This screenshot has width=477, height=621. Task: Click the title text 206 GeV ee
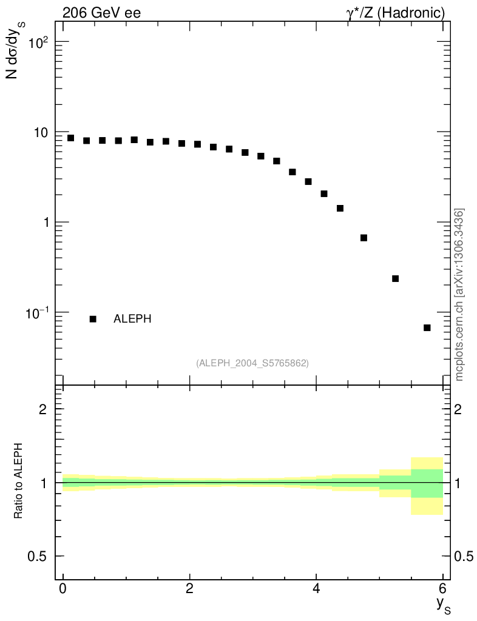(101, 13)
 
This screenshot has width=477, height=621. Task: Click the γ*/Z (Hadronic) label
(396, 13)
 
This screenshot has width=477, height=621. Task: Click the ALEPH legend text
(132, 319)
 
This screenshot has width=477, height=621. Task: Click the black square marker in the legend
(93, 319)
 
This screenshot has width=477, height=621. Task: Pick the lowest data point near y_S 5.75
(427, 328)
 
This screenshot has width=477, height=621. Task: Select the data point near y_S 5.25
(396, 278)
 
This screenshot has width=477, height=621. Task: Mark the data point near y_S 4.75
(364, 238)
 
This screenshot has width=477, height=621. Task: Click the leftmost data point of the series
(71, 138)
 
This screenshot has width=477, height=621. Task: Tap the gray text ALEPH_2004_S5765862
(252, 363)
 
